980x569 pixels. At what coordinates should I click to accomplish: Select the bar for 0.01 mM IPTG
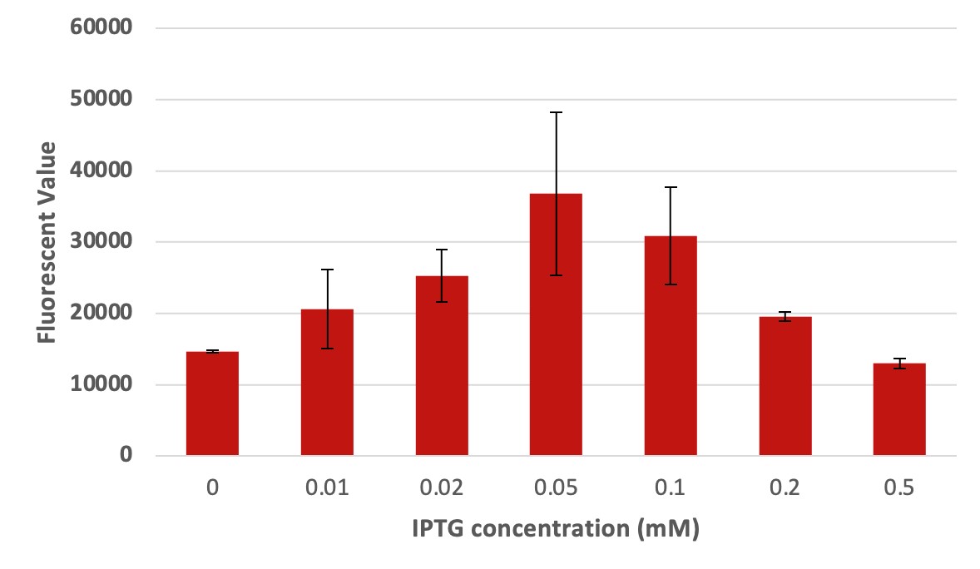click(x=327, y=383)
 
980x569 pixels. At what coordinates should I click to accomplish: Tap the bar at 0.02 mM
click(x=442, y=366)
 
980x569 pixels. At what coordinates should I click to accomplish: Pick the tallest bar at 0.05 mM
click(x=556, y=324)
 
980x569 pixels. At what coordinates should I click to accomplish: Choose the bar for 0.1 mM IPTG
click(x=671, y=346)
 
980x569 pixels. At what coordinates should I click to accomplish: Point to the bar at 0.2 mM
click(x=784, y=386)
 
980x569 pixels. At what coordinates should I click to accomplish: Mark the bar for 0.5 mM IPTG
click(x=899, y=409)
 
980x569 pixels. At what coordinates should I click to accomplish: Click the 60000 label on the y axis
click(x=101, y=27)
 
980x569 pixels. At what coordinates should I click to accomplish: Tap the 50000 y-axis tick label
click(x=101, y=99)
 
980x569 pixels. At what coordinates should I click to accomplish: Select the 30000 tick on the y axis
click(x=101, y=242)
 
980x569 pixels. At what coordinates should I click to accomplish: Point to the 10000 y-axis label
click(x=101, y=385)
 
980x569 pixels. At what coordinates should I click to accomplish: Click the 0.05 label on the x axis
click(x=556, y=487)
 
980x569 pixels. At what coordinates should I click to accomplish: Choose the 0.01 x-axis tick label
click(x=327, y=487)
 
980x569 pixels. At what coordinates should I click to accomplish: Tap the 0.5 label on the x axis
click(x=899, y=487)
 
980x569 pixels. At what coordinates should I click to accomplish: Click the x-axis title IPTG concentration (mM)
click(x=555, y=529)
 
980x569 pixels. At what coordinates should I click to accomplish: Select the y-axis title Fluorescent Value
click(x=47, y=242)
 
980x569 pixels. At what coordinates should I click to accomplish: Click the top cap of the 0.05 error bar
click(x=556, y=112)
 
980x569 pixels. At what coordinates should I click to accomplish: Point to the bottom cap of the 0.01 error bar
click(x=327, y=349)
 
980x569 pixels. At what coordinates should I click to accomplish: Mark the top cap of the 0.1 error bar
click(x=671, y=187)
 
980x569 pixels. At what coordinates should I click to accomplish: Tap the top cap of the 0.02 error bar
click(x=442, y=250)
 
